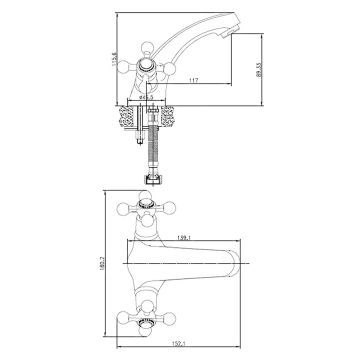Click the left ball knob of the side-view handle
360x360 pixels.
pos(130,61)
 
